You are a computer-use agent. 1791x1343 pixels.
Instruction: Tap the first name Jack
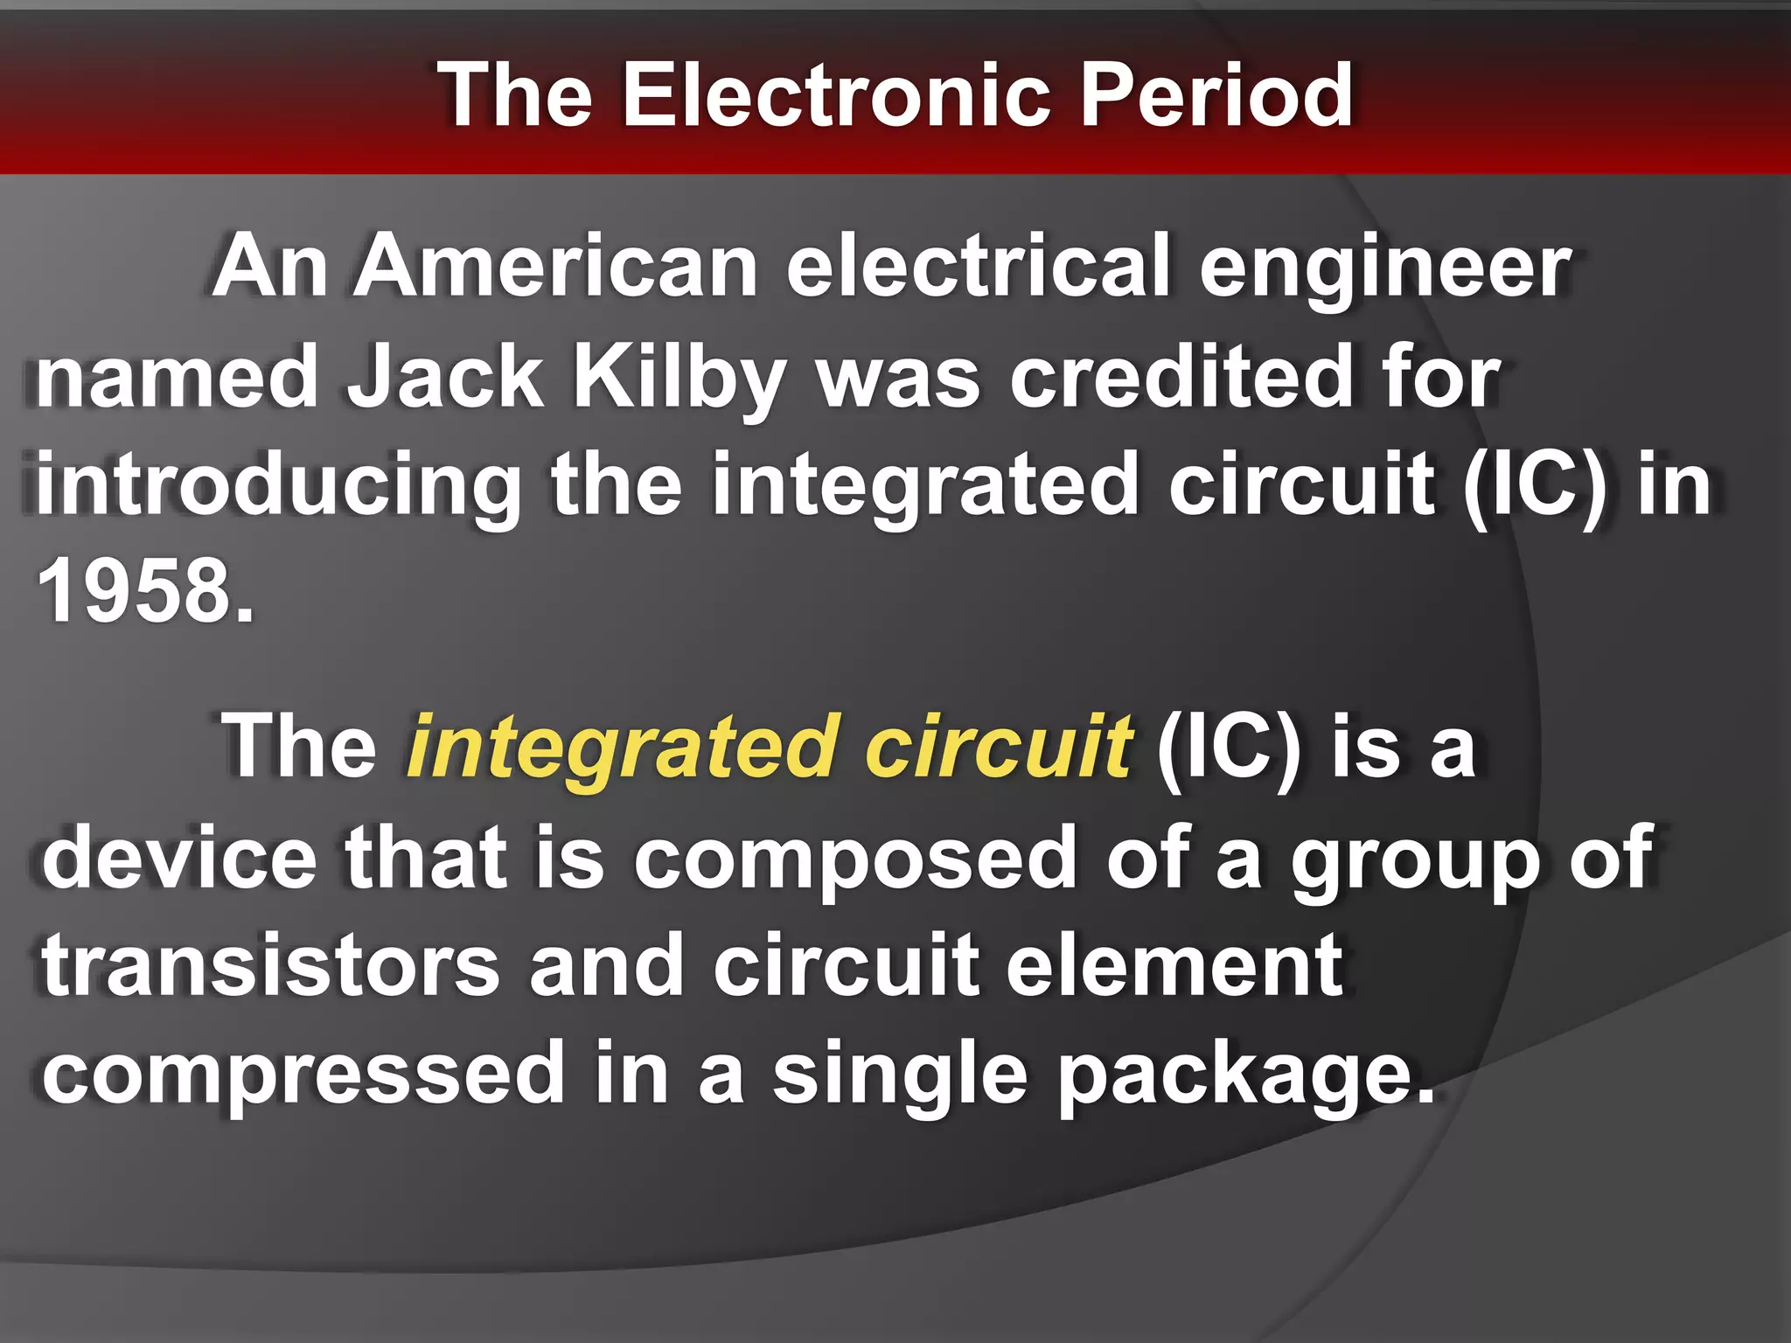[x=446, y=378]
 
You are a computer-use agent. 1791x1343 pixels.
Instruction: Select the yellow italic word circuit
[x=999, y=748]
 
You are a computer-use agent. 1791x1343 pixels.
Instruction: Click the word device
[x=180, y=858]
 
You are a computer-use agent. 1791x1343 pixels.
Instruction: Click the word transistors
[x=271, y=966]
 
